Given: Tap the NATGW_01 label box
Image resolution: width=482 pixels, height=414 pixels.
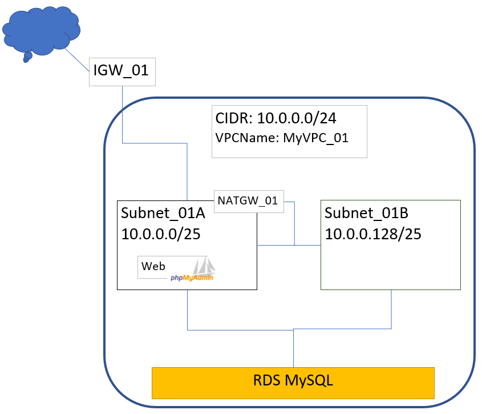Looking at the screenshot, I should click(248, 201).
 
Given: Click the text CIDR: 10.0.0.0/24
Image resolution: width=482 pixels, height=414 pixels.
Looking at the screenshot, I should click(276, 118).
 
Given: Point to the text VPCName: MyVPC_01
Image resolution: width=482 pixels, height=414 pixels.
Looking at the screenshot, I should click(282, 138).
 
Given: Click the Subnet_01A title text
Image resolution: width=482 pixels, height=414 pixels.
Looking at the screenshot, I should click(163, 214).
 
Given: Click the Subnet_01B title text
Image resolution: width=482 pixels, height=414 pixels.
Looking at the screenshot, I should click(366, 214).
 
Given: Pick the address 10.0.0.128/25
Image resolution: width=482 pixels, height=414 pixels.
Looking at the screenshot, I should click(373, 233).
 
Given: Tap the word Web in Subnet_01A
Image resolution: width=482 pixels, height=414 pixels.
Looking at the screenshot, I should click(153, 266).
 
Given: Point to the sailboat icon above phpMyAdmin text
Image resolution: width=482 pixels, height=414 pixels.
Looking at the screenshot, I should click(203, 266).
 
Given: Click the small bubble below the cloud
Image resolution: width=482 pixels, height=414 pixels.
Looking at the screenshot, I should click(26, 58).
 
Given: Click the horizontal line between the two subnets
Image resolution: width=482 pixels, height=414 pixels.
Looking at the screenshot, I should click(289, 246).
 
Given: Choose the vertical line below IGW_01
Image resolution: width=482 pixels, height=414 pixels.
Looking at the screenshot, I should click(123, 114).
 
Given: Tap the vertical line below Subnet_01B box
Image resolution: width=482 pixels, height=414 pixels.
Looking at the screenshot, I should click(391, 308).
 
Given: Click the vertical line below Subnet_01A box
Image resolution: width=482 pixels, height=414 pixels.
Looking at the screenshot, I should click(188, 308).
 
